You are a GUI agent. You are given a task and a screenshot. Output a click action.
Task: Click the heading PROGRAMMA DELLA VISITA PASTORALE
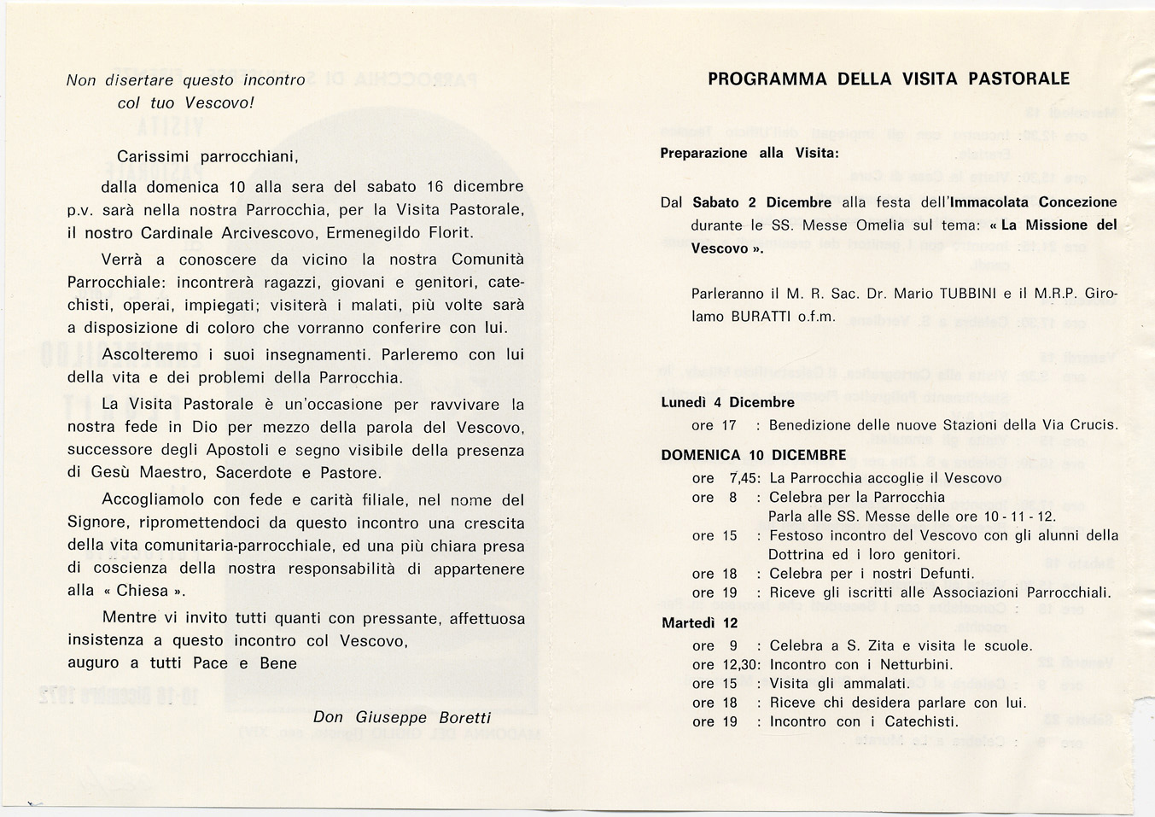(x=889, y=79)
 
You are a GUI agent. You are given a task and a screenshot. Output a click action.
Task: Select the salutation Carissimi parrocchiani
(x=207, y=157)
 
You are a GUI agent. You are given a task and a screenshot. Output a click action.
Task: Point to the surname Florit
(x=443, y=232)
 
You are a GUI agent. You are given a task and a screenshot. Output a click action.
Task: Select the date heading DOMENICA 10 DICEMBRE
(x=753, y=455)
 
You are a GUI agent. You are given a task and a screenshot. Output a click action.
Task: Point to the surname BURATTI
(x=762, y=317)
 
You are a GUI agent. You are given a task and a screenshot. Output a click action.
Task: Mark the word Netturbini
(x=914, y=664)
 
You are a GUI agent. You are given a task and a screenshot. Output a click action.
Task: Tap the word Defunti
(x=944, y=574)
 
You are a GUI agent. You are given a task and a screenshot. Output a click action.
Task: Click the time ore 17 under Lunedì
(x=714, y=425)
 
